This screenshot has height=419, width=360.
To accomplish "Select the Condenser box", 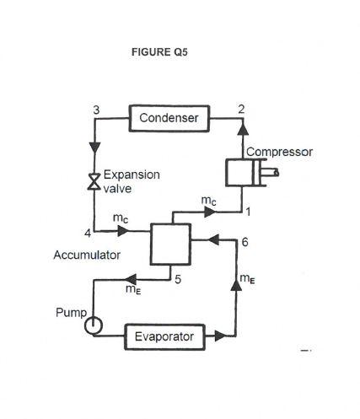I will point(169,119).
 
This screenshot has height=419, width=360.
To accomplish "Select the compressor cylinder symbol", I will point(244,174).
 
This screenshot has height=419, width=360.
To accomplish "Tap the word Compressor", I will point(278,153).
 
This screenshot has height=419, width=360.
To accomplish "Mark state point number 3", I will point(96,110).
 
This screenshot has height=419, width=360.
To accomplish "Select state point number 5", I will point(178,280).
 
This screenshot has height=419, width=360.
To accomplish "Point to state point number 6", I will point(244,242).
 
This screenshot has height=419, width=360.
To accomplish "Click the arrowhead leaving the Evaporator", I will point(221,337).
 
